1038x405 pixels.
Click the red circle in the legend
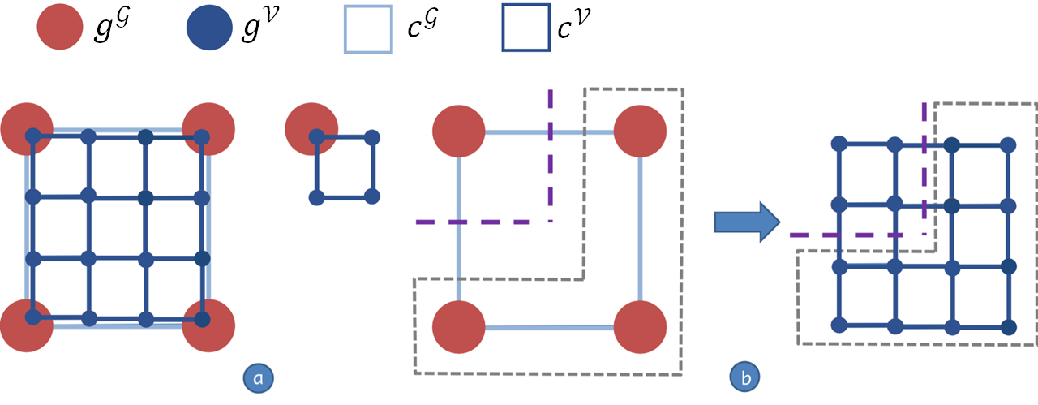click(x=59, y=29)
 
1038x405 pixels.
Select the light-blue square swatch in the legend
click(x=369, y=29)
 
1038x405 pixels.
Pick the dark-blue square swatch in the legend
click(x=525, y=29)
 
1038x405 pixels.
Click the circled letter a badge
click(x=258, y=377)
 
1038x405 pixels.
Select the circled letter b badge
click(x=744, y=377)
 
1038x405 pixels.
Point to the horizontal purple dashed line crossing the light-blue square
click(x=483, y=221)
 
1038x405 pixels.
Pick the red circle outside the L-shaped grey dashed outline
click(x=459, y=130)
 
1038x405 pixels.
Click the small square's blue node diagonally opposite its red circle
click(x=372, y=196)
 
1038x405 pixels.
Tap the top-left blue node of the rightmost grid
click(x=839, y=144)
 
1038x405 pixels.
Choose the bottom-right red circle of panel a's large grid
click(x=208, y=325)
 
